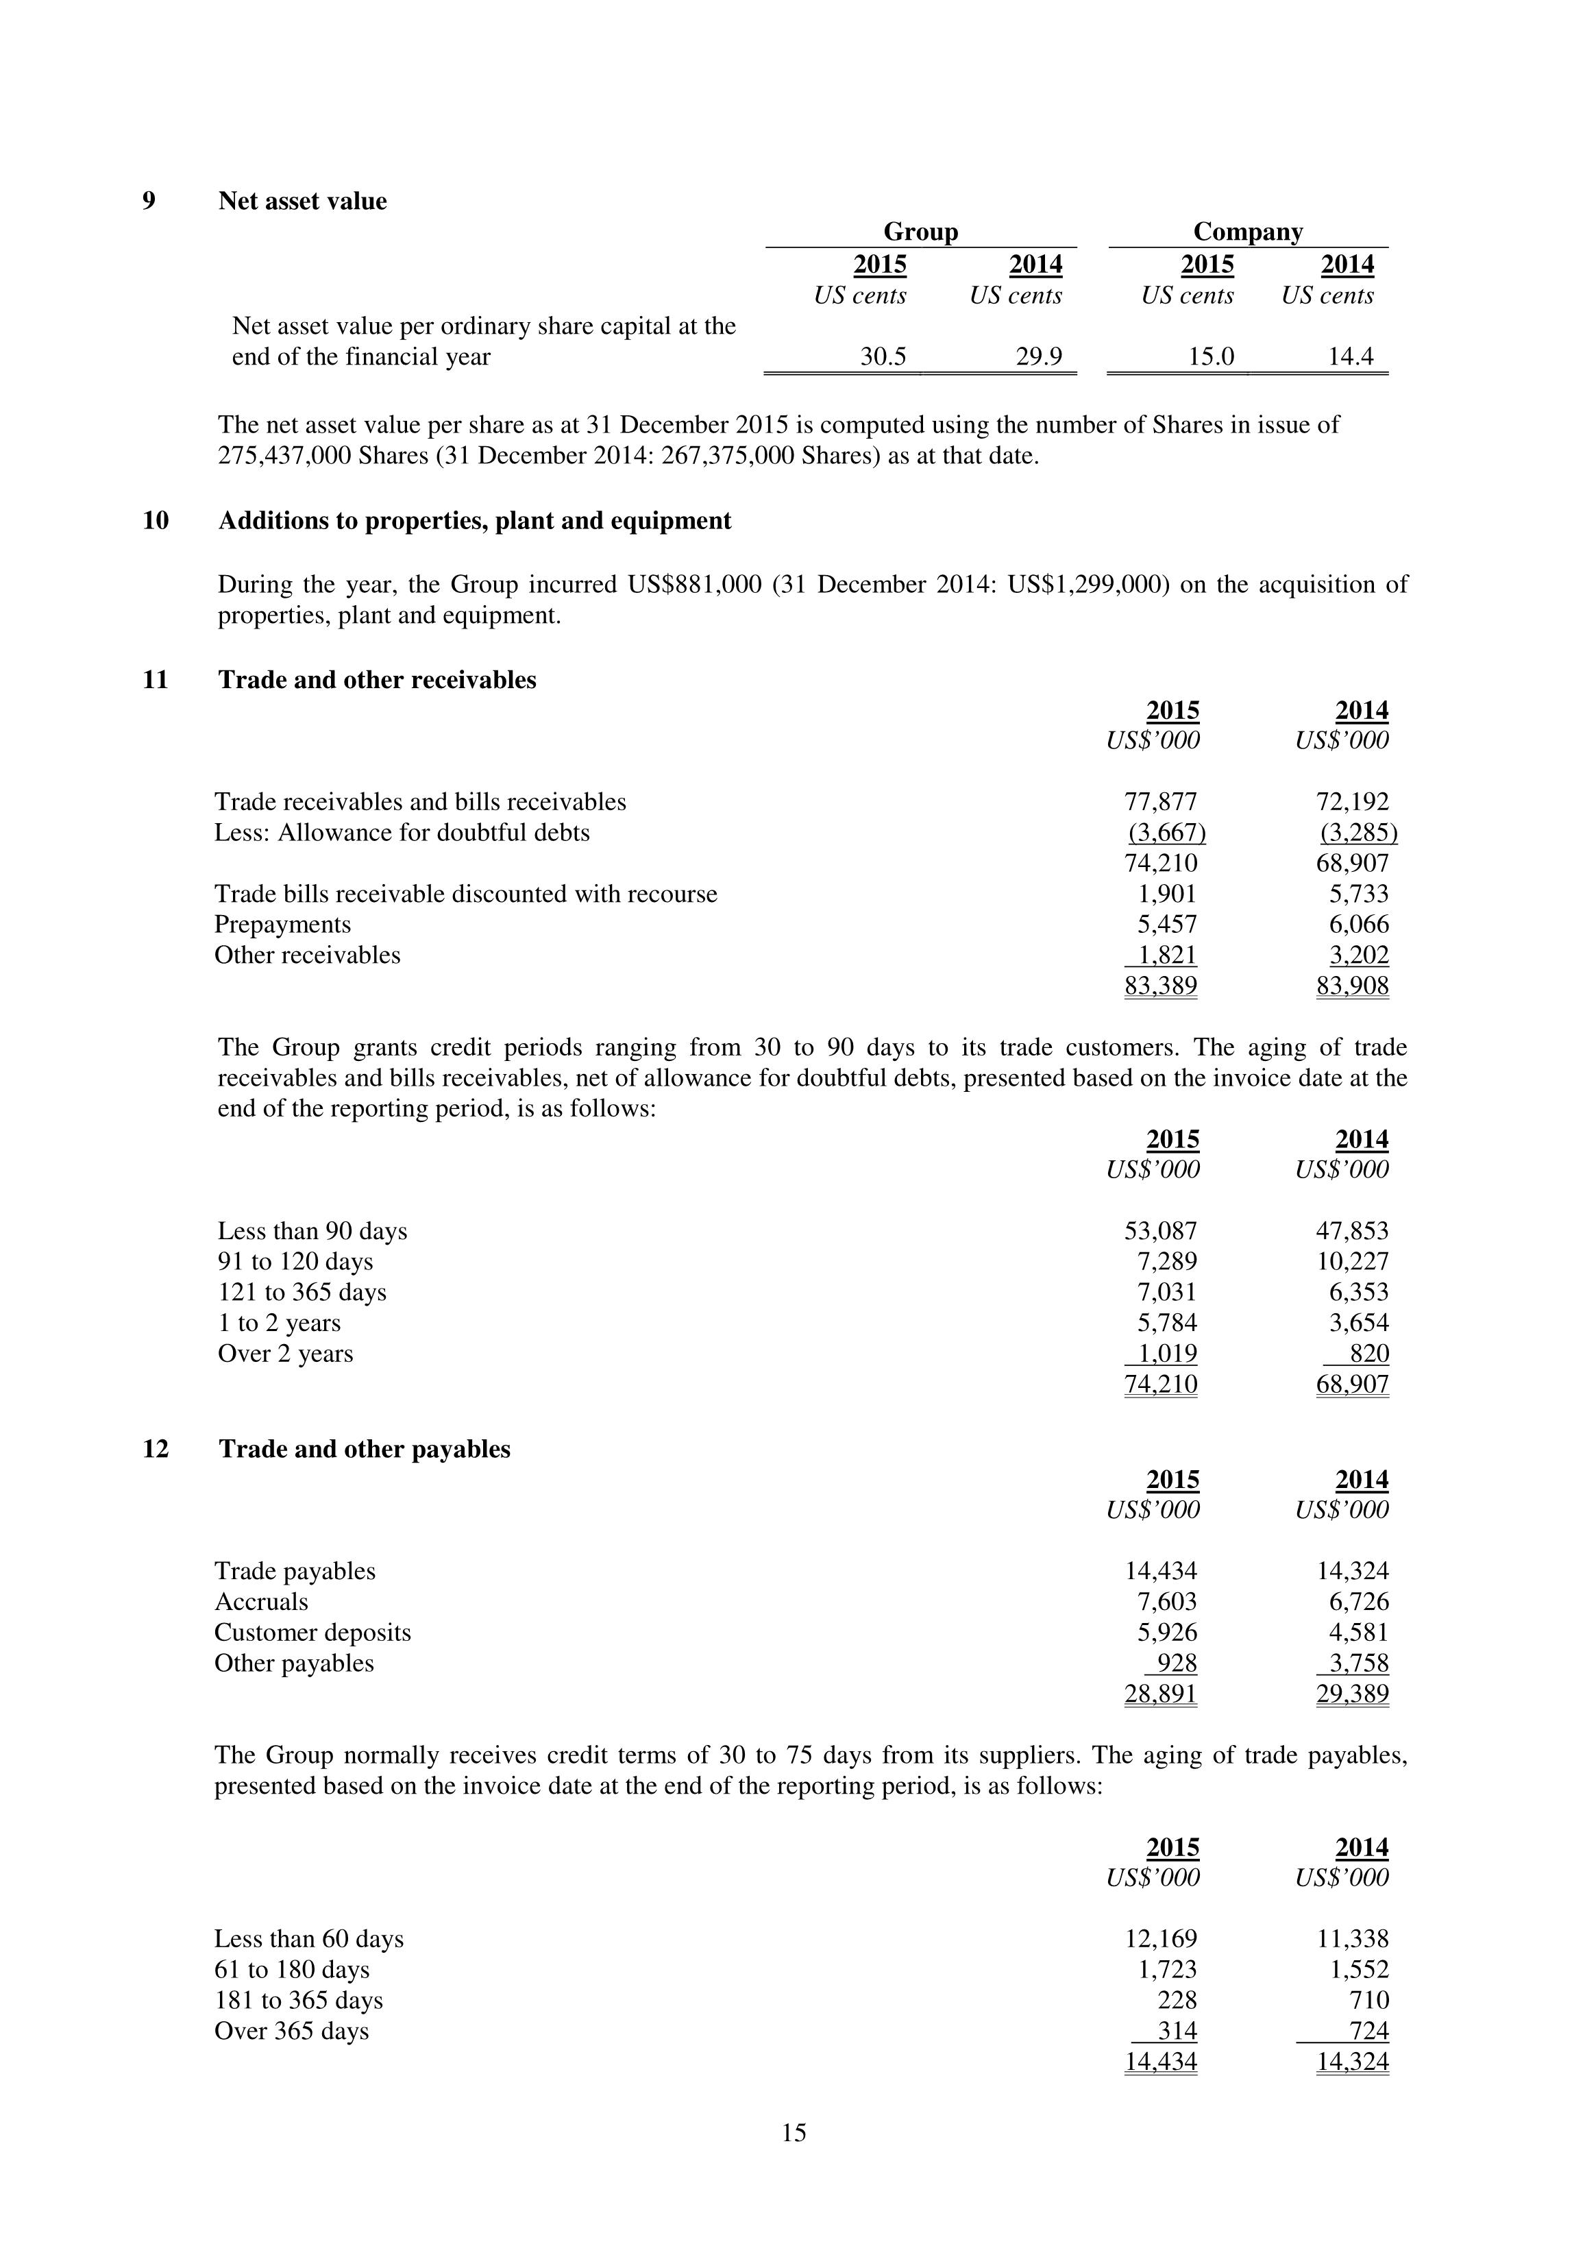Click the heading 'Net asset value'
(x=302, y=202)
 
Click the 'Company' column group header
(x=1247, y=232)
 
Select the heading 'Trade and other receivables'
(x=377, y=680)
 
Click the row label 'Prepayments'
(x=282, y=925)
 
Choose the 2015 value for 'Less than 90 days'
(x=1160, y=1232)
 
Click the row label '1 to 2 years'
(x=278, y=1324)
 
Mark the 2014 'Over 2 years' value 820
(x=1368, y=1354)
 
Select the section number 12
(x=156, y=1448)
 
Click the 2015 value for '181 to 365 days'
(x=1177, y=2001)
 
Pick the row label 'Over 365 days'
(x=291, y=2031)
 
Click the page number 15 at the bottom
(x=794, y=2132)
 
